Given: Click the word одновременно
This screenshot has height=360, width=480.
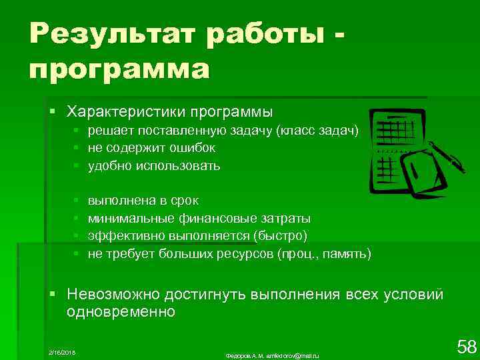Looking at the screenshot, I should coord(121,312).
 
